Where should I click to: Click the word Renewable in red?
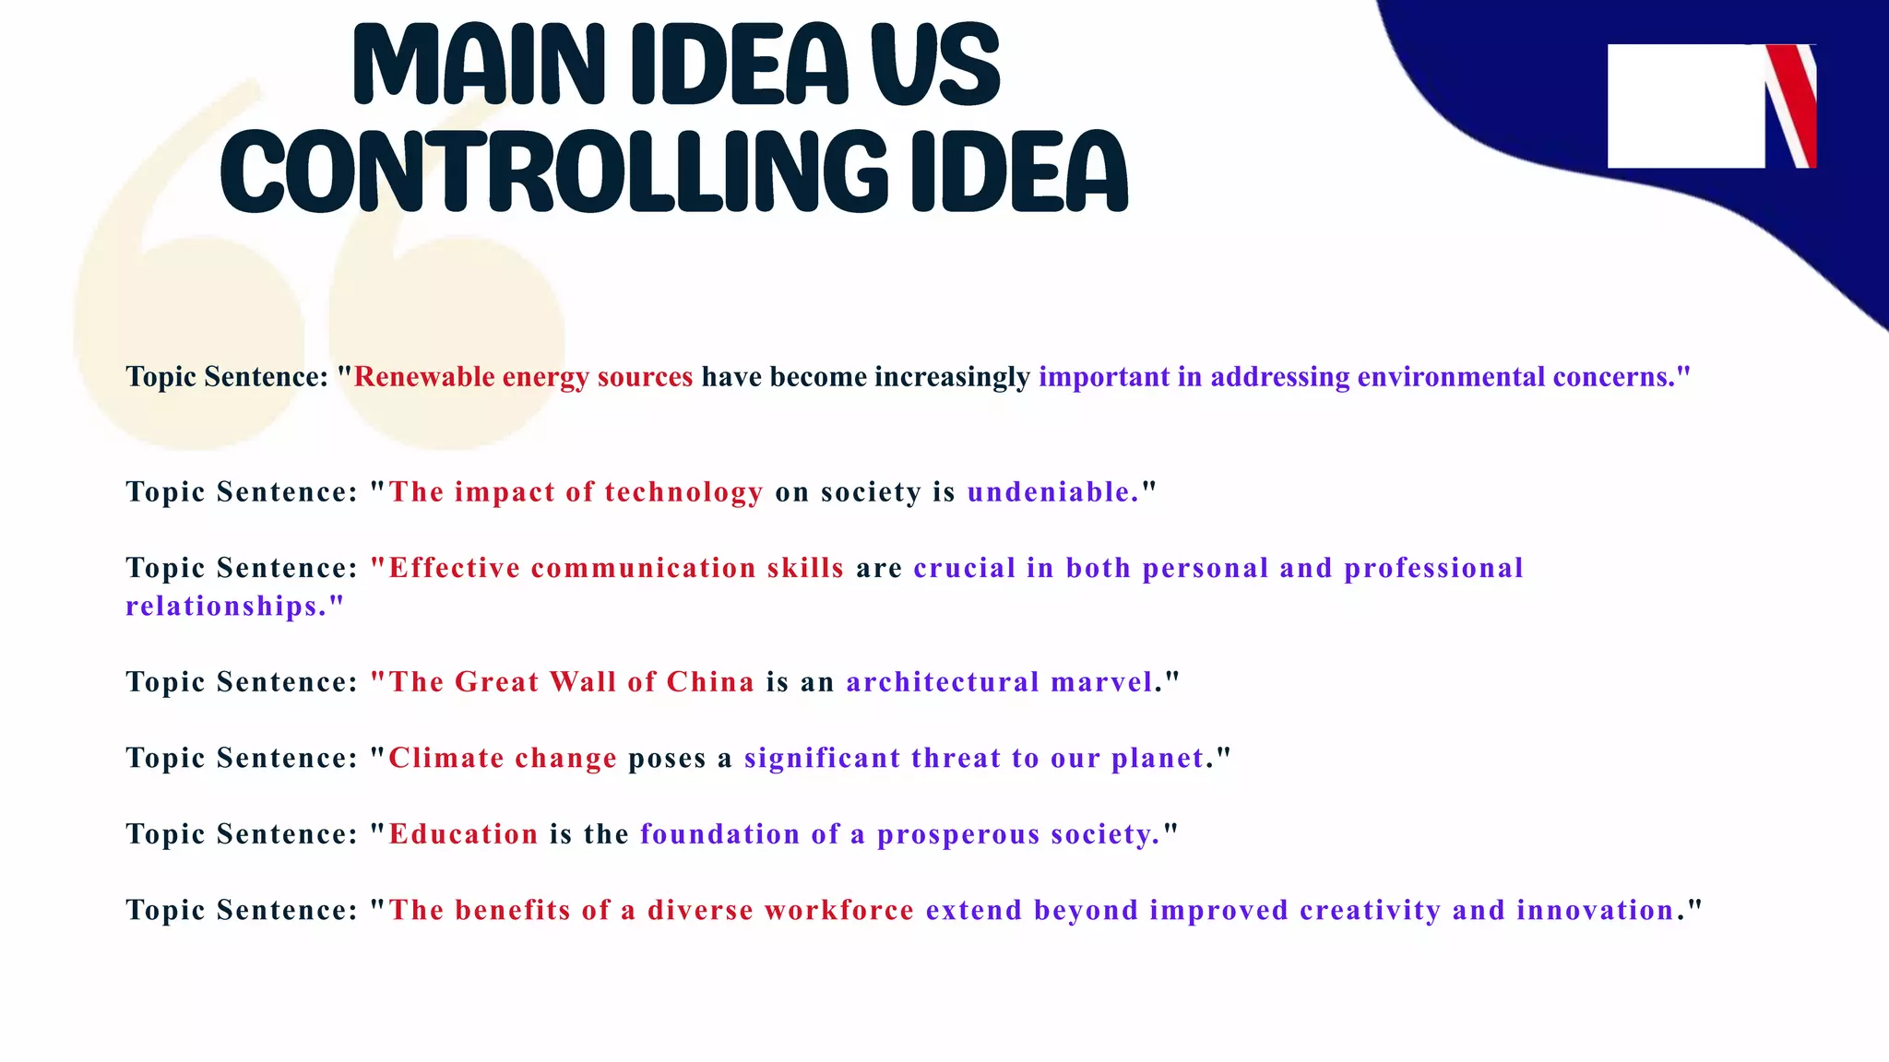(x=424, y=377)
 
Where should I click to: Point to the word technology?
(x=683, y=492)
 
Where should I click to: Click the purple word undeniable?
(x=1052, y=492)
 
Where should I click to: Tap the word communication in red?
(x=644, y=568)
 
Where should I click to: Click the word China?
(x=710, y=682)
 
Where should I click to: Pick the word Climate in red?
(x=446, y=758)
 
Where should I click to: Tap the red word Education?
(x=463, y=834)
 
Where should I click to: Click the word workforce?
(x=839, y=911)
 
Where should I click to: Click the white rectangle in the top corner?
(x=1685, y=106)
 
